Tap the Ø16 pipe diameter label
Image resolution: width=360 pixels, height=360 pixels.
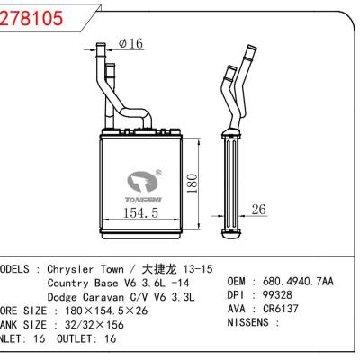pyautogui.click(x=130, y=44)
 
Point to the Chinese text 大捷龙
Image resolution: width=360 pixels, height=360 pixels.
pyautogui.click(x=156, y=268)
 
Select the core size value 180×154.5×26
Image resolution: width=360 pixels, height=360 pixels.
pyautogui.click(x=112, y=310)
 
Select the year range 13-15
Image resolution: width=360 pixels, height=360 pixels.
pyautogui.click(x=196, y=268)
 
